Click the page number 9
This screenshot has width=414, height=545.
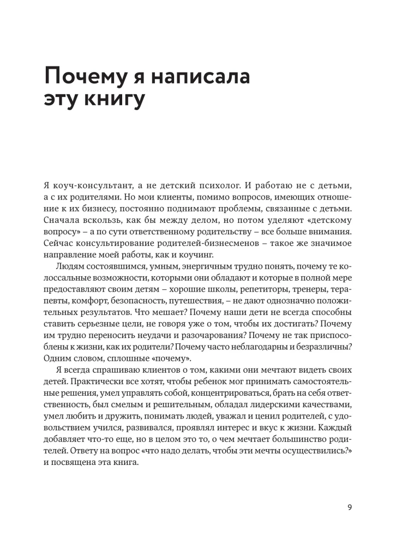(x=350, y=507)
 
